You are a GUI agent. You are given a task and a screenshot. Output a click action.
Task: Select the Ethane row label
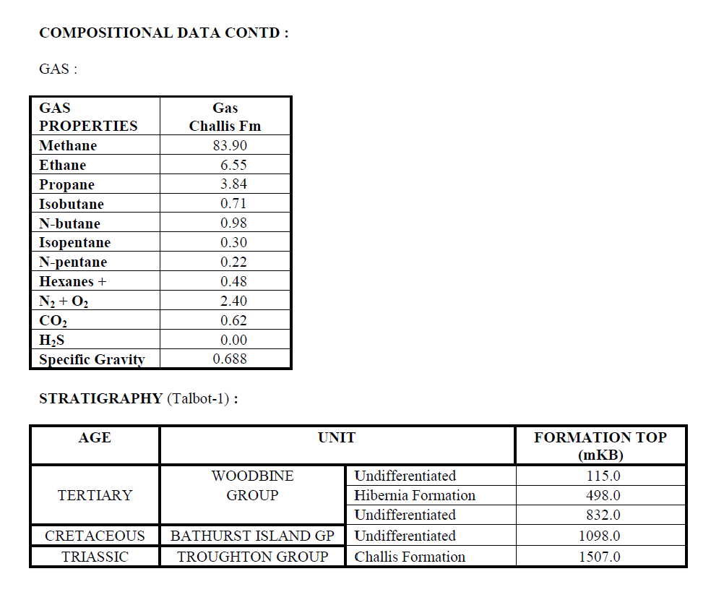coord(62,165)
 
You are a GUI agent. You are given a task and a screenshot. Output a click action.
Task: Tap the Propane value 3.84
coord(233,184)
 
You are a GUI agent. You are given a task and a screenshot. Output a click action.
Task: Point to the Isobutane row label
coord(72,204)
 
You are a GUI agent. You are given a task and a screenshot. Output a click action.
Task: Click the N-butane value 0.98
coord(233,223)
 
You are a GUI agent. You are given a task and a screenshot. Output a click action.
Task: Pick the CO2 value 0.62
coord(233,320)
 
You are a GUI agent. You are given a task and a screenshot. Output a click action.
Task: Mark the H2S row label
coord(52,340)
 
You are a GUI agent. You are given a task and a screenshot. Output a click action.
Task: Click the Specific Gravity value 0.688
coord(229,359)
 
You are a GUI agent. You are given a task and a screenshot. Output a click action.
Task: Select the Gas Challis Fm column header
coord(225,117)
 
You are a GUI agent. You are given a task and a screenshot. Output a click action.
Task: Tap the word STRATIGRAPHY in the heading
coord(100,398)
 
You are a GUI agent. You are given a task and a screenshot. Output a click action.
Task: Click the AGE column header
coord(95,437)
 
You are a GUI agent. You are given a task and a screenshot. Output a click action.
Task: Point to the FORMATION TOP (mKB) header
coord(600,446)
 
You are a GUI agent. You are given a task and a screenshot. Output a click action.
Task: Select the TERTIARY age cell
coord(95,495)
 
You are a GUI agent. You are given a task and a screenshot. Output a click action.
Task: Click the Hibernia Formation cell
coord(415,495)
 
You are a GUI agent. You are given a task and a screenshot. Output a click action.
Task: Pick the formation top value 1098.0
coord(600,536)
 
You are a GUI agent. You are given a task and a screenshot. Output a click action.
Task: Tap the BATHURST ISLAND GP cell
coord(252,536)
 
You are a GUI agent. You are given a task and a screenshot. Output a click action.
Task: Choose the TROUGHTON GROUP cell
coord(252,557)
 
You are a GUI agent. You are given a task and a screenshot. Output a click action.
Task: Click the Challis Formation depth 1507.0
coord(600,557)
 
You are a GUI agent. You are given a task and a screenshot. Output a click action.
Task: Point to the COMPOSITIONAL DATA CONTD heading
coord(163,33)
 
